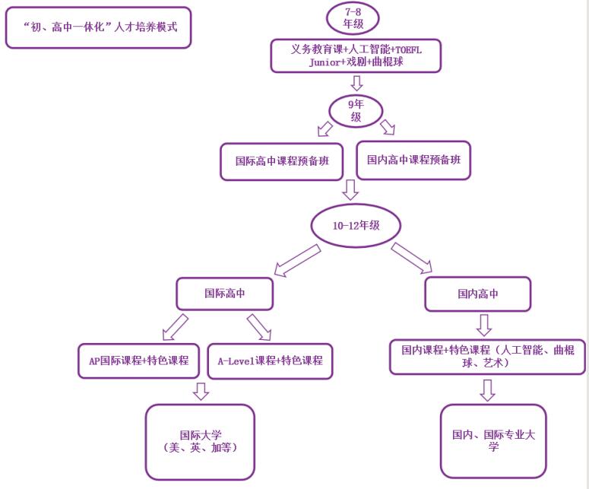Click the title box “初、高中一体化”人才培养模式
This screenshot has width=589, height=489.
(97, 28)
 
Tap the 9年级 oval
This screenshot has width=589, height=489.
(356, 112)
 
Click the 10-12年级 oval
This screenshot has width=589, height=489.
(356, 224)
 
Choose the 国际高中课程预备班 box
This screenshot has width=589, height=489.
(281, 162)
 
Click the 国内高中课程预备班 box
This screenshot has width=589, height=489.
(413, 160)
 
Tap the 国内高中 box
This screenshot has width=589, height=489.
(477, 294)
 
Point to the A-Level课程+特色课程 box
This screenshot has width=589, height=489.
(271, 360)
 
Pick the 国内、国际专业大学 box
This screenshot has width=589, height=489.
(493, 440)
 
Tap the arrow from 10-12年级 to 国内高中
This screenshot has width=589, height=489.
(412, 259)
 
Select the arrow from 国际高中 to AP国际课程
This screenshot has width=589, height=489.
(174, 327)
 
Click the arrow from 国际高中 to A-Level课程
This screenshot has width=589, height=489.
(258, 326)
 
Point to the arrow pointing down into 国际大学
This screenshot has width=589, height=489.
(201, 392)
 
